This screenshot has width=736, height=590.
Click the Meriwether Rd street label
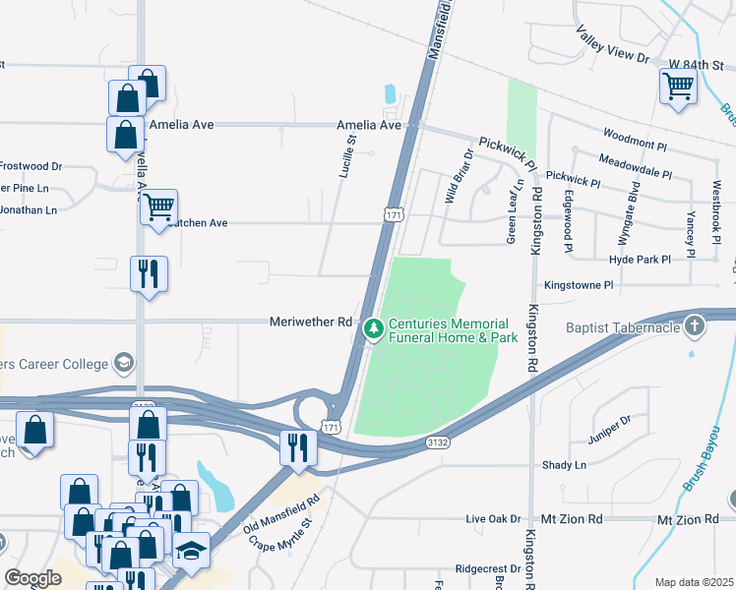311,322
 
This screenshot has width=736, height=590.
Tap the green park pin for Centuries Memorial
372,330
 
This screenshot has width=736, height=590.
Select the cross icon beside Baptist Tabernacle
695,325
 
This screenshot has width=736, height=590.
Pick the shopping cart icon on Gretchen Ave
157,206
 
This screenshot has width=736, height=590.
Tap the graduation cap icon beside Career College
123,364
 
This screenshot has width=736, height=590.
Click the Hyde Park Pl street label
640,259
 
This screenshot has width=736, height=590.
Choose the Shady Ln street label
564,464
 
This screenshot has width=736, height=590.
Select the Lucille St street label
345,155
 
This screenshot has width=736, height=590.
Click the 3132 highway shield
438,444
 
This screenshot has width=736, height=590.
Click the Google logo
32,577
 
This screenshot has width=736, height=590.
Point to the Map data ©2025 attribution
694,582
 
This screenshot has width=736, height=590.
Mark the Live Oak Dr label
493,518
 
